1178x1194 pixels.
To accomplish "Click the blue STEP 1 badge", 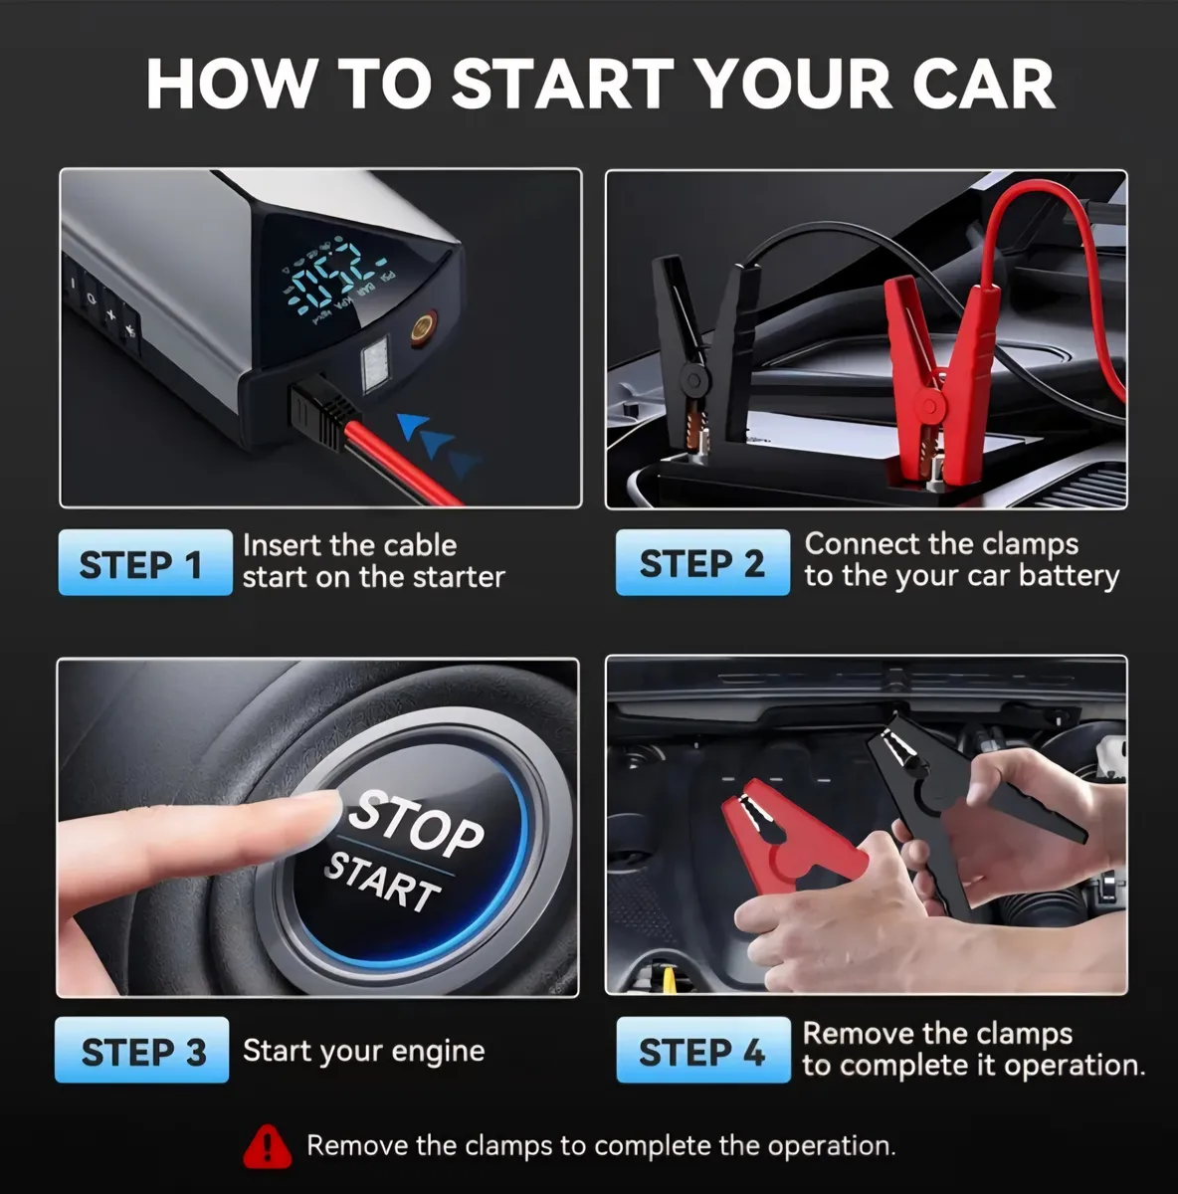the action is click(x=145, y=562).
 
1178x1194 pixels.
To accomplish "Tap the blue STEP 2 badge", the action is click(x=702, y=562).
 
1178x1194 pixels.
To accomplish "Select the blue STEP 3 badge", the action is click(x=142, y=1050).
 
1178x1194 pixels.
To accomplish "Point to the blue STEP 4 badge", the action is click(x=703, y=1050).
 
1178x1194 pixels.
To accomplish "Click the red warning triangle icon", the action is click(x=267, y=1146).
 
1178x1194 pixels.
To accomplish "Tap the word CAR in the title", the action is click(x=983, y=84).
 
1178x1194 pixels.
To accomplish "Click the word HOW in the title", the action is click(x=229, y=84).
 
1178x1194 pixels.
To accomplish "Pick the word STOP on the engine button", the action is click(x=416, y=823).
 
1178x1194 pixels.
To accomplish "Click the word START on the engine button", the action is click(x=382, y=882).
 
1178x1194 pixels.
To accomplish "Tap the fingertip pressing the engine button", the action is click(x=316, y=813).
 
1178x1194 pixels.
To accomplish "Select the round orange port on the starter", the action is click(x=423, y=326).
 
